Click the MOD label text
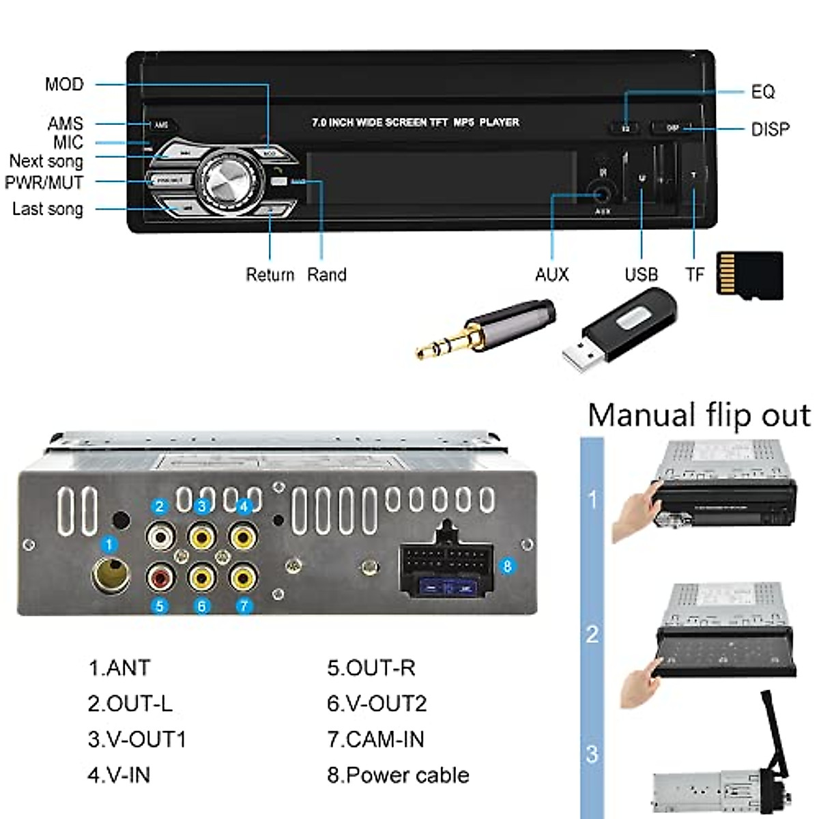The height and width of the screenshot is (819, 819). pyautogui.click(x=64, y=85)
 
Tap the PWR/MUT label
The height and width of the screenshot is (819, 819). pyautogui.click(x=44, y=183)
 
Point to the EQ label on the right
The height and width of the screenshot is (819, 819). pyautogui.click(x=762, y=92)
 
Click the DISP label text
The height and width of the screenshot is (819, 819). pyautogui.click(x=770, y=130)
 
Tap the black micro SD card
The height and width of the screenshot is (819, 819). pyautogui.click(x=749, y=274)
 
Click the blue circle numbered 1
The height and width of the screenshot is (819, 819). pyautogui.click(x=109, y=545)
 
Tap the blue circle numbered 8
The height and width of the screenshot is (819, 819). pyautogui.click(x=506, y=566)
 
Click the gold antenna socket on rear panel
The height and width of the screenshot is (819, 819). pyautogui.click(x=111, y=575)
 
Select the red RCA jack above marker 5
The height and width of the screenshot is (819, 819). pyautogui.click(x=160, y=579)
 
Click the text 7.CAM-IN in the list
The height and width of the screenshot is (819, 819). pyautogui.click(x=375, y=739)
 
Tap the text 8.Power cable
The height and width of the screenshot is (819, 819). pyautogui.click(x=398, y=775)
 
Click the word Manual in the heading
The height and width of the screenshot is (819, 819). pyautogui.click(x=641, y=415)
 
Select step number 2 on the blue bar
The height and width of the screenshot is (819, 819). pyautogui.click(x=592, y=634)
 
